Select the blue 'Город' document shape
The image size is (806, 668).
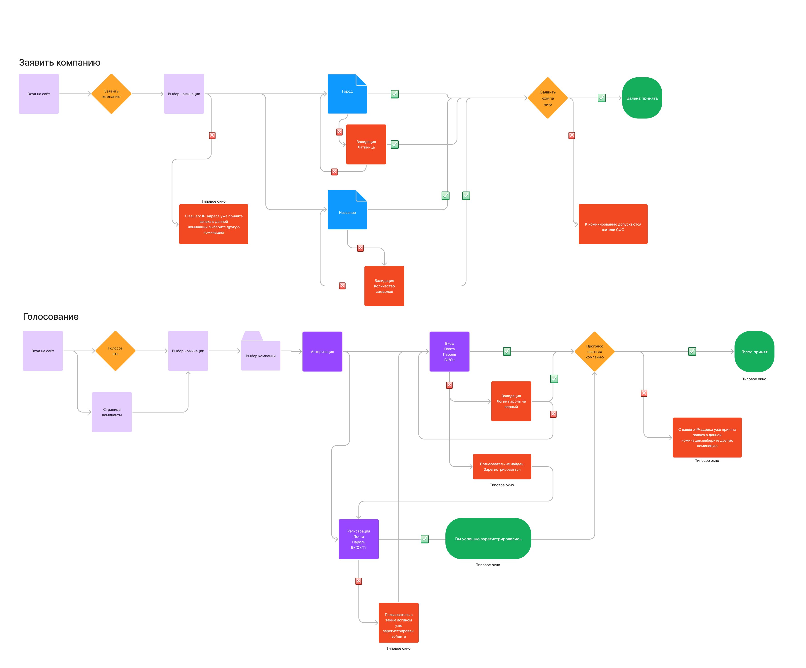pos(347,94)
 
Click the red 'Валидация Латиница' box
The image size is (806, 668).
pos(366,144)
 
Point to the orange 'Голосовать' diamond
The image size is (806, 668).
pos(115,351)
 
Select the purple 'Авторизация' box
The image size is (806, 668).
pos(322,351)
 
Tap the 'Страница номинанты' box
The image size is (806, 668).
pos(112,412)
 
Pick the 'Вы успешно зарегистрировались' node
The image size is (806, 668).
pos(488,539)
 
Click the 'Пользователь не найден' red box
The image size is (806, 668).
pos(502,467)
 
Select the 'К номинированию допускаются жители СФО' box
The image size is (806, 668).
pos(613,224)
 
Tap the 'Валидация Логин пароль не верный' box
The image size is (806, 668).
pos(511,401)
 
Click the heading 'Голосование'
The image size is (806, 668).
pos(51,317)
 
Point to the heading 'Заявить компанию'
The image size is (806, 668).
pos(59,63)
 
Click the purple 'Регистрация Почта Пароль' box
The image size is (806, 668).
pos(359,539)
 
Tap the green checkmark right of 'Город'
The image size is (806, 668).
pos(395,94)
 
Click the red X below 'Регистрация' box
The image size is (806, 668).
pos(359,581)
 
